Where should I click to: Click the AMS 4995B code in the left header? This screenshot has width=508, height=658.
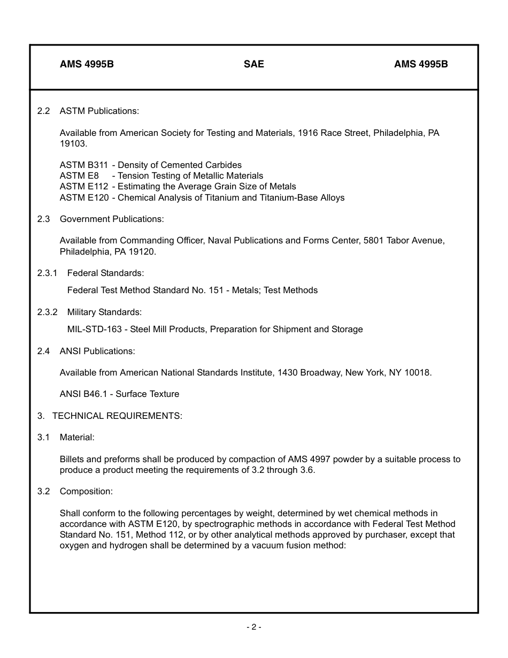click(x=87, y=64)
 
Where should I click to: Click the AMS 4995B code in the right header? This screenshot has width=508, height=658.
click(x=421, y=64)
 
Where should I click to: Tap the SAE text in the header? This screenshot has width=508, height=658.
click(x=254, y=64)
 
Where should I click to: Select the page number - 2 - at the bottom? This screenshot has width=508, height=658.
click(x=254, y=627)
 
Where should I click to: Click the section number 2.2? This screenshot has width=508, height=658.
click(x=43, y=111)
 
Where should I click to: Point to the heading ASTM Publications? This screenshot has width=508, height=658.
click(x=99, y=111)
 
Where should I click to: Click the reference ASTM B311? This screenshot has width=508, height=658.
click(x=84, y=165)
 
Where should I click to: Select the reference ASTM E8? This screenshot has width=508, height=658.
click(x=79, y=175)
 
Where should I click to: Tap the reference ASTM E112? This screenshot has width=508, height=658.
click(x=84, y=186)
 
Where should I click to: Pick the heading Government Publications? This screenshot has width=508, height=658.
click(x=112, y=219)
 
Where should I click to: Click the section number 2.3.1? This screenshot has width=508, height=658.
click(x=47, y=273)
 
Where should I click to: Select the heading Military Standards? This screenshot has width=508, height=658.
click(x=104, y=312)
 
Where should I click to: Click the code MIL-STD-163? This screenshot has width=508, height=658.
click(x=94, y=329)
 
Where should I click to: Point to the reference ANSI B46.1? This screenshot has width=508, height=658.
click(x=86, y=394)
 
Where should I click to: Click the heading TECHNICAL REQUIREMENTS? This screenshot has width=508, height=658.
click(x=117, y=416)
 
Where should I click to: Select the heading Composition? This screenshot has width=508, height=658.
click(x=86, y=491)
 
